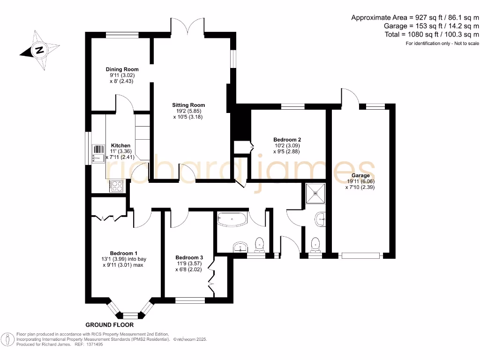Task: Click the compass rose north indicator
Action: pyautogui.click(x=40, y=50)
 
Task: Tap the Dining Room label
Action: pyautogui.click(x=122, y=69)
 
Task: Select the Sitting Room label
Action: pyautogui.click(x=188, y=105)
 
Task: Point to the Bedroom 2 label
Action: pyautogui.click(x=287, y=140)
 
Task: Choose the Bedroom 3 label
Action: pyautogui.click(x=189, y=257)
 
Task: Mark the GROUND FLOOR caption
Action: pyautogui.click(x=110, y=325)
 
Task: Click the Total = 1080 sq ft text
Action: pyautogui.click(x=431, y=34)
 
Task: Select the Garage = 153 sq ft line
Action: pyautogui.click(x=431, y=26)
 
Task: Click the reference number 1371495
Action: pyautogui.click(x=94, y=344)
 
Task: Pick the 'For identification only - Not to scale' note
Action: pyautogui.click(x=442, y=43)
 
